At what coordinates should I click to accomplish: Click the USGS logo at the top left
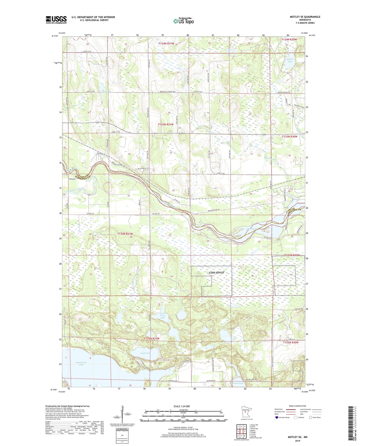(x=56, y=20)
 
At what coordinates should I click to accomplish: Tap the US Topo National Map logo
(x=183, y=21)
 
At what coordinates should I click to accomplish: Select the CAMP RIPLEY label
(x=217, y=273)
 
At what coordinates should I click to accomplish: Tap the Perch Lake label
(x=145, y=353)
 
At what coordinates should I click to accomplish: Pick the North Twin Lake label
(x=162, y=316)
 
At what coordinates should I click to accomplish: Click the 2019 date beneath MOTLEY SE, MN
(x=297, y=441)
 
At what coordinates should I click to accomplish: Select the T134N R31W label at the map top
(x=166, y=44)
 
